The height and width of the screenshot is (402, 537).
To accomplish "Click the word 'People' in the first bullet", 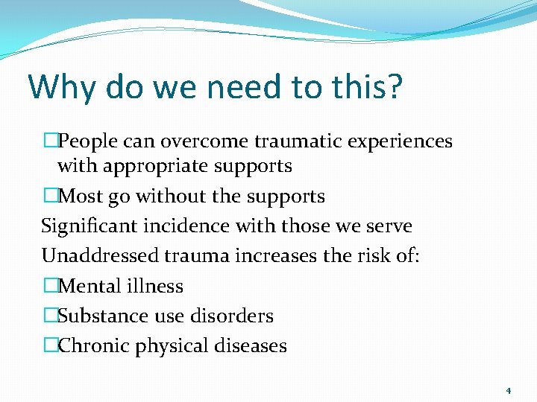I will tap(86, 141).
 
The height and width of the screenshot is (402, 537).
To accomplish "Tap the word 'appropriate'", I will tap(154, 166).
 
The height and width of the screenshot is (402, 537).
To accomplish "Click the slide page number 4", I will tap(508, 390).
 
